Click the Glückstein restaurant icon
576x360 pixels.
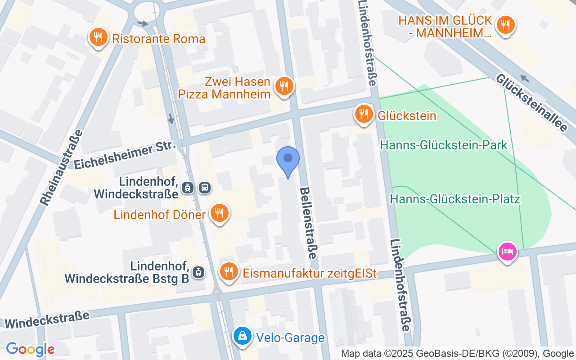363,114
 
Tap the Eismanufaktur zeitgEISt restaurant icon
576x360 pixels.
229,271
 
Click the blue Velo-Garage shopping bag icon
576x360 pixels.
243,336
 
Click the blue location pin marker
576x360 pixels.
288,159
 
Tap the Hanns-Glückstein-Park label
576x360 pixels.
444,145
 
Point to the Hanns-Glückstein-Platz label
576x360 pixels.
455,199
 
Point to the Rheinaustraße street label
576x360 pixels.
62,168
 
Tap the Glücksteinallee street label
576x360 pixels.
531,103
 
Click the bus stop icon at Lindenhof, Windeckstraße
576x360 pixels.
205,188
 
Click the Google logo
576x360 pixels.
30,349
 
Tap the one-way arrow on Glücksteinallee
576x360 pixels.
524,79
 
